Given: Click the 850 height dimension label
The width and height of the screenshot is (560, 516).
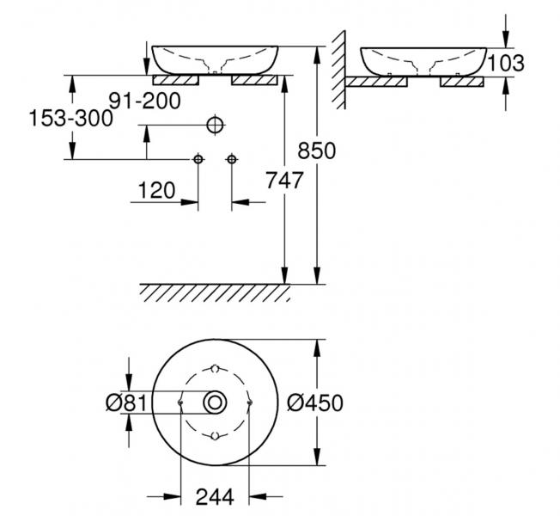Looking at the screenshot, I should (x=317, y=150).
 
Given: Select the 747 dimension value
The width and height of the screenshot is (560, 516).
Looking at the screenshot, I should (x=285, y=181).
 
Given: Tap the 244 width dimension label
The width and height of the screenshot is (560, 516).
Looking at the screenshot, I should (x=215, y=496).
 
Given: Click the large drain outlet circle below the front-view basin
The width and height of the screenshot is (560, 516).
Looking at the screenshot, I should (x=215, y=125).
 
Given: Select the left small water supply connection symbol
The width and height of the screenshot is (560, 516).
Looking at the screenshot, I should (x=198, y=159).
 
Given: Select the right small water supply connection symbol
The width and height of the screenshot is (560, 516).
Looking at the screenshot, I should (x=231, y=159).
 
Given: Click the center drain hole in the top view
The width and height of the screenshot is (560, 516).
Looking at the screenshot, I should (x=215, y=402).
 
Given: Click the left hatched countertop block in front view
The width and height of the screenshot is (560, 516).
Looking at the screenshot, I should (x=176, y=81).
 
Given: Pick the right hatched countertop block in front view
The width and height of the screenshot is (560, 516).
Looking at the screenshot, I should (x=254, y=81).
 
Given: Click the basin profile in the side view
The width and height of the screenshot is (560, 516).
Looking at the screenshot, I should (x=424, y=60).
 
